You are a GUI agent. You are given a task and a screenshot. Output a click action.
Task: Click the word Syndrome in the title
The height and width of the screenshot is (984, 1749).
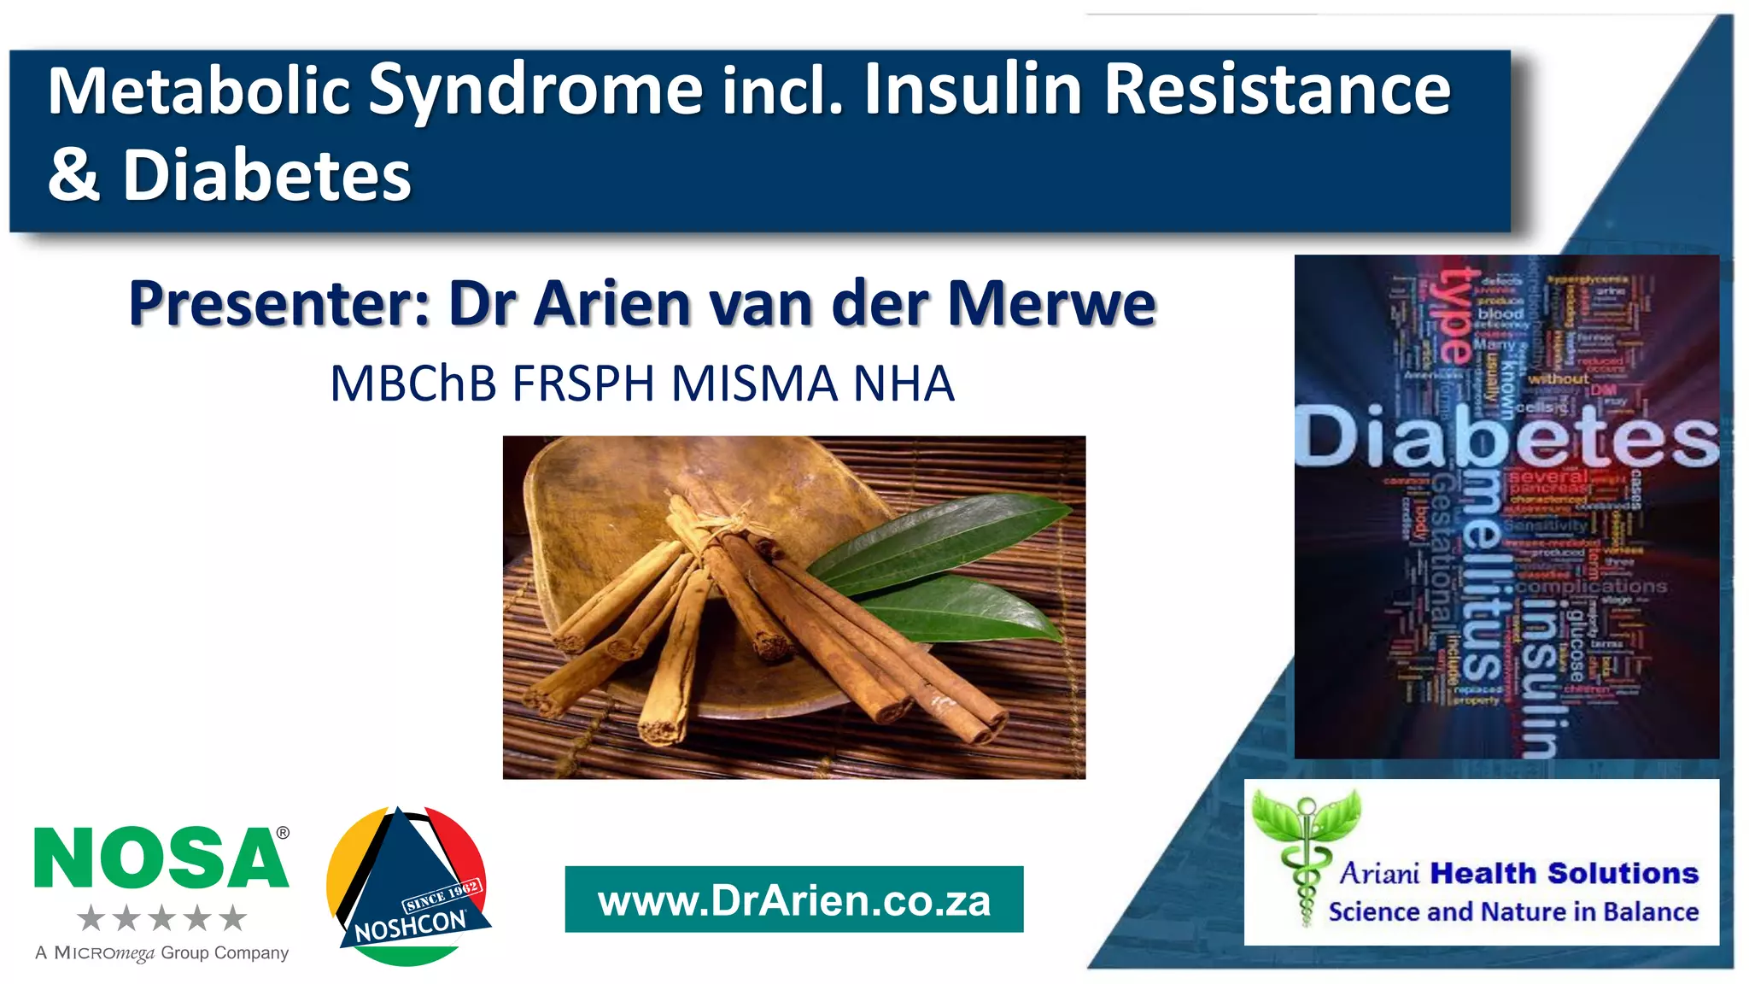pos(535,91)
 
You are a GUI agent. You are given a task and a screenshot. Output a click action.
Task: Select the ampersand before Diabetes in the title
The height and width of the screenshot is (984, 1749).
pos(73,175)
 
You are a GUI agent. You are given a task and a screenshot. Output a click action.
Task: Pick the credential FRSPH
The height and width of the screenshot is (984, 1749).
pos(583,384)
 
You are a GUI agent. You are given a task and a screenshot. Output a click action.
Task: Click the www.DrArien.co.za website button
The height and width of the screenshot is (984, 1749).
pos(794,900)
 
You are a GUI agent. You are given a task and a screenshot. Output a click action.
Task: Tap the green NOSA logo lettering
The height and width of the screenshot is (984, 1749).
pos(160,858)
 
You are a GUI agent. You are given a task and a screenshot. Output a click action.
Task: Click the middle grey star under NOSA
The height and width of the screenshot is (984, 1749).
pos(161,919)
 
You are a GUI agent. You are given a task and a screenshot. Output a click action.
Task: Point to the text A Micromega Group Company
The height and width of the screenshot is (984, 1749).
pos(162,953)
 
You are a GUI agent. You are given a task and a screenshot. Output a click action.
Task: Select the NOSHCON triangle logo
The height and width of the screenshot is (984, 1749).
pos(407,888)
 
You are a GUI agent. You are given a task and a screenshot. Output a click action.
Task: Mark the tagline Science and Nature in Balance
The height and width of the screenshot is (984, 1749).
pos(1513,912)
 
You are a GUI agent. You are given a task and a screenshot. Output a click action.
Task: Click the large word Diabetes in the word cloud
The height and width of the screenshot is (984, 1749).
pos(1506,437)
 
